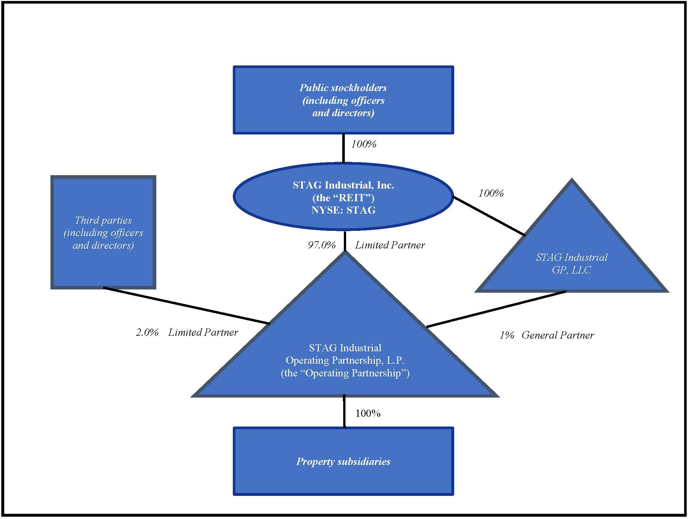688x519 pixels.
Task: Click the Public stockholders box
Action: [x=343, y=100]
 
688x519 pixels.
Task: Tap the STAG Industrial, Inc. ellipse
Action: [x=343, y=197]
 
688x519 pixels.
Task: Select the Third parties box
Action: [x=103, y=232]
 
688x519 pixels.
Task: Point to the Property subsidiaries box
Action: [x=343, y=461]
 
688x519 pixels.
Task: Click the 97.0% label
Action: [x=322, y=245]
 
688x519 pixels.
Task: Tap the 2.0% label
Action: [x=147, y=332]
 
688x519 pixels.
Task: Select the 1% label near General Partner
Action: [x=507, y=335]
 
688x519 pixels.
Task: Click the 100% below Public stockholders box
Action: [x=364, y=144]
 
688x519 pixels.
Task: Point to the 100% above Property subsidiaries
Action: [x=368, y=414]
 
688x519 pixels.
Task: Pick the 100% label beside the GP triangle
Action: [x=491, y=193]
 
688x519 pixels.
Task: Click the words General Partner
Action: [x=558, y=335]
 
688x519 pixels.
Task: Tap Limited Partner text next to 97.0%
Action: [x=390, y=245]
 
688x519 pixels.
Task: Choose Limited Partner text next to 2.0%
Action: [x=203, y=332]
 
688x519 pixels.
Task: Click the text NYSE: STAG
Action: [x=343, y=210]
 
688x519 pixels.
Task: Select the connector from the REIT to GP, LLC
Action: [x=489, y=216]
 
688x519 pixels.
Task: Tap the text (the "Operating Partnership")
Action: [x=345, y=373]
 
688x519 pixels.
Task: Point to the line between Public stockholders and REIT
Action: [x=344, y=148]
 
